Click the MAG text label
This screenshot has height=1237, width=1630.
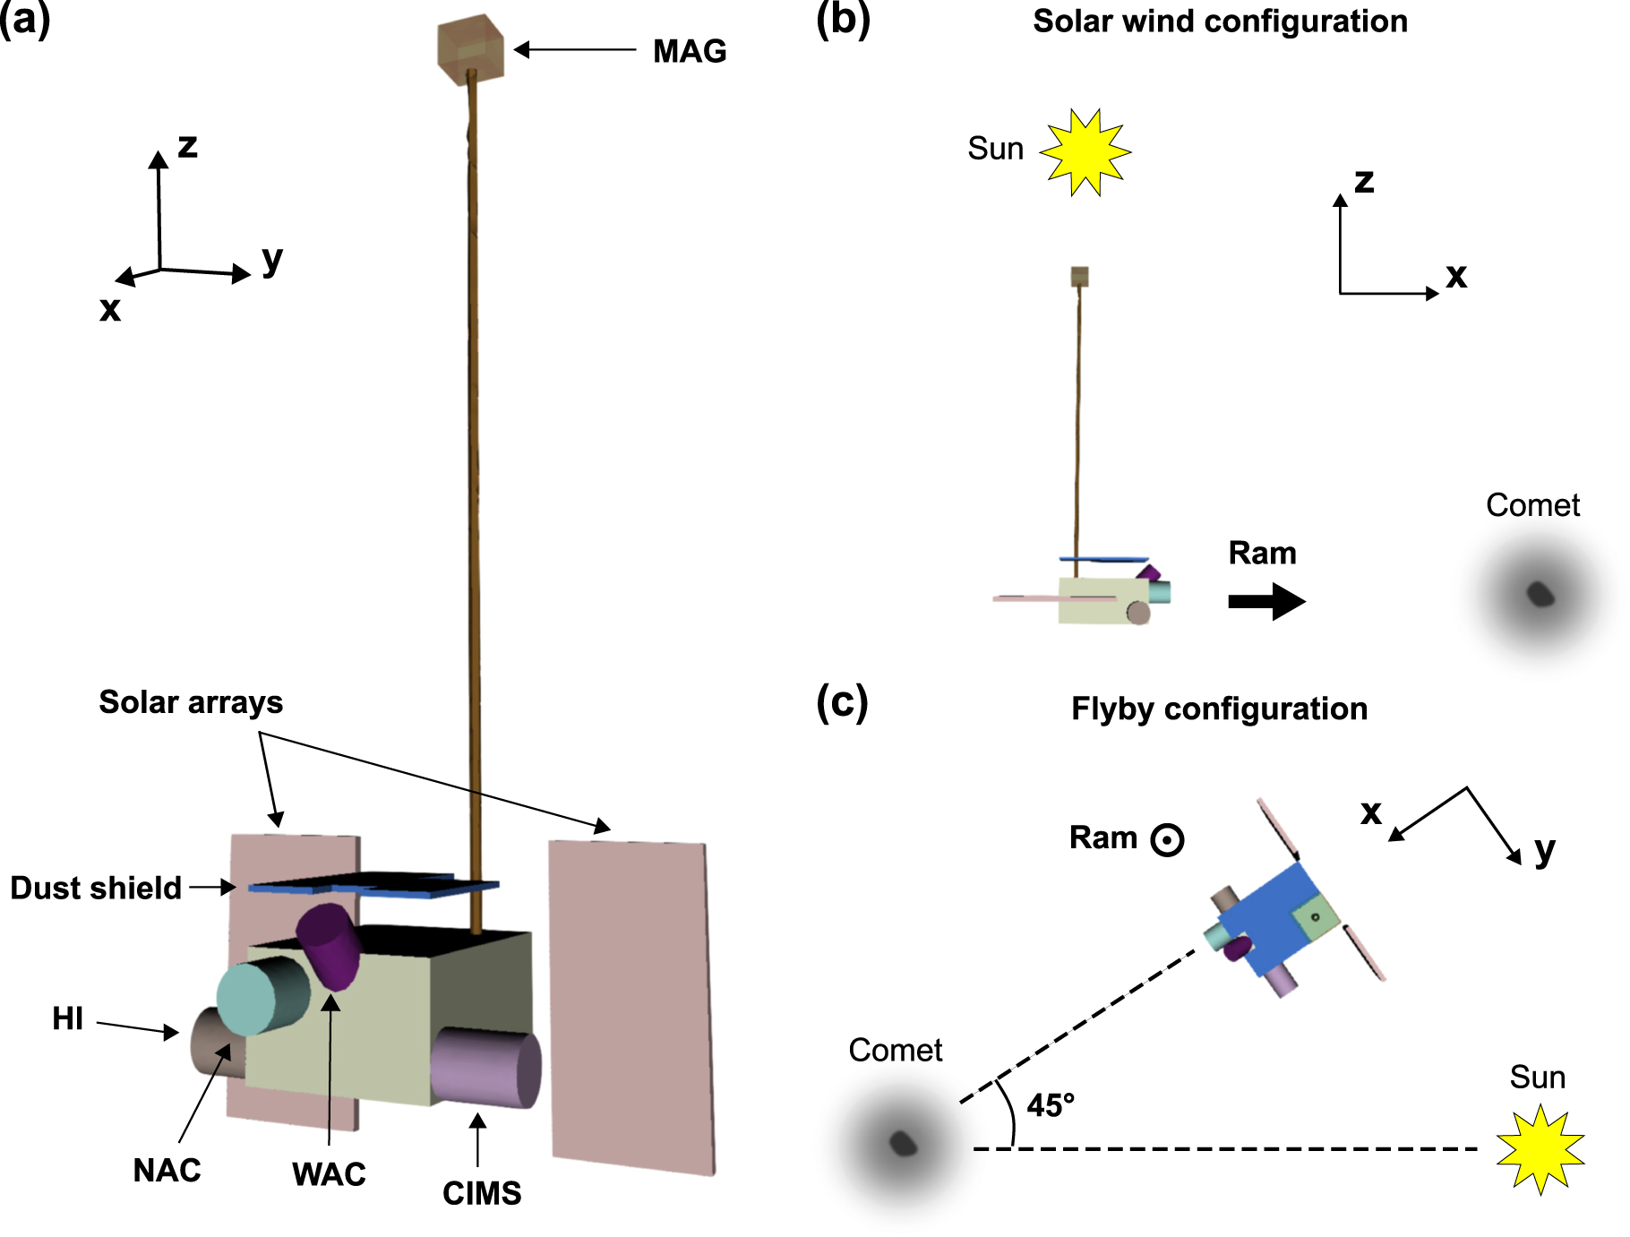click(689, 51)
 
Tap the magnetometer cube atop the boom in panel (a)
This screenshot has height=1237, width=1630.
click(470, 50)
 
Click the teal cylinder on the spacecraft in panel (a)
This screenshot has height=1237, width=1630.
click(260, 996)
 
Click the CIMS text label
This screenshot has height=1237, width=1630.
click(482, 1193)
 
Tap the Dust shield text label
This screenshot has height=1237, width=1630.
click(96, 888)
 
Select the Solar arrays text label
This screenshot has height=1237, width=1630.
click(191, 702)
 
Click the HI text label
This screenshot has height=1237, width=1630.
click(67, 1018)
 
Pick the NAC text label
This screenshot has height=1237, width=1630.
click(167, 1171)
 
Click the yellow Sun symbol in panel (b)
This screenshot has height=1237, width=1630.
click(1085, 152)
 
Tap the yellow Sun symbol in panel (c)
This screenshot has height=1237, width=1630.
click(1540, 1149)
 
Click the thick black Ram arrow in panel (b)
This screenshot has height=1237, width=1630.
click(1266, 601)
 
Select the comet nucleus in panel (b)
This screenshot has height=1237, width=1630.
click(1540, 594)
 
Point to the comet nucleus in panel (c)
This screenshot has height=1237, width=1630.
click(902, 1143)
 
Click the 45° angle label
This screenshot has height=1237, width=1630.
click(1050, 1105)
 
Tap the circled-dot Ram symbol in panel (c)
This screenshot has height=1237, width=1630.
click(1167, 840)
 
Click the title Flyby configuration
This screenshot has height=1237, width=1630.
click(1219, 709)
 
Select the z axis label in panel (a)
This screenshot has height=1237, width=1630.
click(187, 145)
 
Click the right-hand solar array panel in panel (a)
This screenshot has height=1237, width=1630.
click(631, 1003)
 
